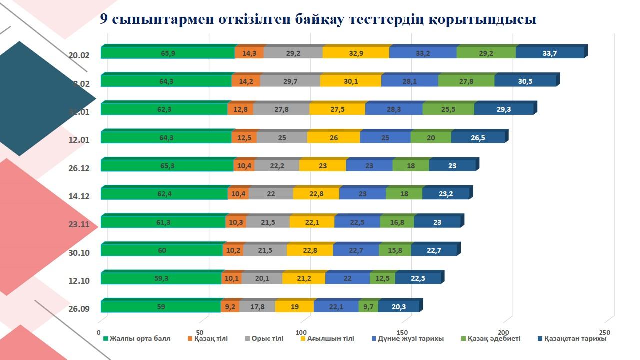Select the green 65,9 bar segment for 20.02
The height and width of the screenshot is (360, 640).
pyautogui.click(x=167, y=53)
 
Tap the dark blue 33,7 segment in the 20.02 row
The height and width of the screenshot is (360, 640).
pyautogui.click(x=549, y=53)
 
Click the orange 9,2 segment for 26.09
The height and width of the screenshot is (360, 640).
pyautogui.click(x=230, y=307)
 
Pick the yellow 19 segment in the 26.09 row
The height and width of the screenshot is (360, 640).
pyautogui.click(x=294, y=307)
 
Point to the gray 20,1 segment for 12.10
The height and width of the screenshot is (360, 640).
pyautogui.click(x=262, y=279)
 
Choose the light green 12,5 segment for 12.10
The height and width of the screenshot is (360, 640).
pyautogui.click(x=382, y=279)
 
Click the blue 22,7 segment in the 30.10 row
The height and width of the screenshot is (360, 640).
pyautogui.click(x=356, y=251)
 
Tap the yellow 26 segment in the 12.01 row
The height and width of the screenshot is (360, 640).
pyautogui.click(x=333, y=138)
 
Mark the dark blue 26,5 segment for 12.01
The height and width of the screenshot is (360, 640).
pyautogui.click(x=478, y=138)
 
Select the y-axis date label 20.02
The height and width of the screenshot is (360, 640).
pyautogui.click(x=79, y=55)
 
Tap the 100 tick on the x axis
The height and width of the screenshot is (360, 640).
pyautogui.click(x=301, y=333)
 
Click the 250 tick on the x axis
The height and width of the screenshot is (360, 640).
pyautogui.click(x=605, y=333)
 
